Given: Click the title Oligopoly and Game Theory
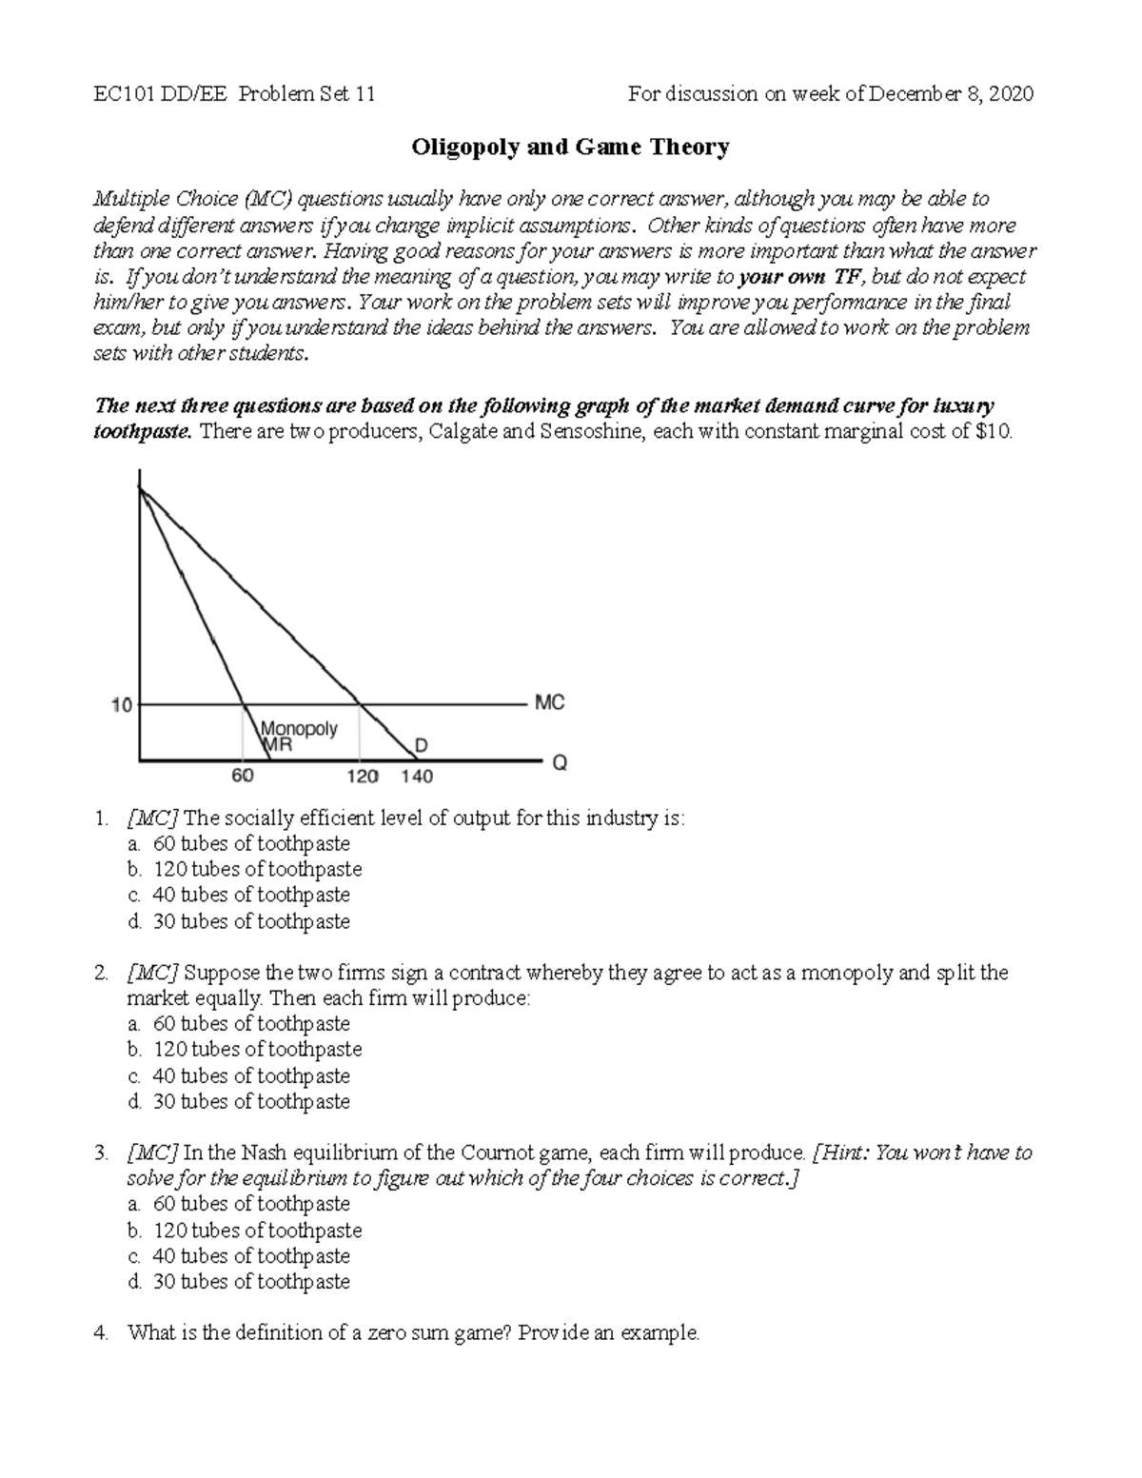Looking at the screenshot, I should pyautogui.click(x=570, y=147).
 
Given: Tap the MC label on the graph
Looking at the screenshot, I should pyautogui.click(x=550, y=702).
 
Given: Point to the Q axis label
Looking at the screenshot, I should pyautogui.click(x=560, y=763).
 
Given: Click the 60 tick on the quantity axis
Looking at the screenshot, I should pyautogui.click(x=243, y=776).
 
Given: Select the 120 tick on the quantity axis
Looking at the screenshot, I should pyautogui.click(x=362, y=777).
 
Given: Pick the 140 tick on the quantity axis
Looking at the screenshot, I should pyautogui.click(x=417, y=777).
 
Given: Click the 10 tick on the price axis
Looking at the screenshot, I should pyautogui.click(x=122, y=705).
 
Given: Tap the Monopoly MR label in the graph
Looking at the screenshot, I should pyautogui.click(x=299, y=737).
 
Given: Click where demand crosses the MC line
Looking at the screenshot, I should pyautogui.click(x=359, y=705).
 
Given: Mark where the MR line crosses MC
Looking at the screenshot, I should pyautogui.click(x=245, y=705).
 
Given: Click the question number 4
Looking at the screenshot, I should pyautogui.click(x=101, y=1332).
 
